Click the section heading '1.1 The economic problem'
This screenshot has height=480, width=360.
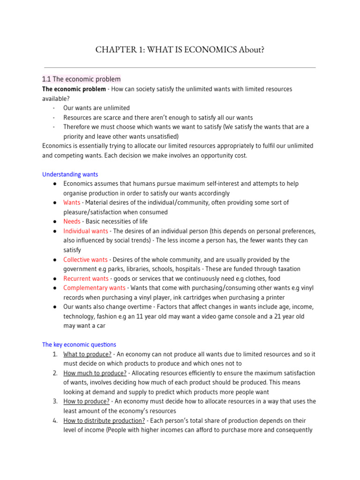tap(81, 79)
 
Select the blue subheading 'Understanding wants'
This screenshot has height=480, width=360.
tap(70, 174)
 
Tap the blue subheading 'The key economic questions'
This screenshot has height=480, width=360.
tap(79, 345)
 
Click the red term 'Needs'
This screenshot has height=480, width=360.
tap(72, 221)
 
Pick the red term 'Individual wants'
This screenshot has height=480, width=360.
tap(85, 231)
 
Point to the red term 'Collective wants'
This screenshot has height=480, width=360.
tap(85, 260)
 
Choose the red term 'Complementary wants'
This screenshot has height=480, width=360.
tap(94, 288)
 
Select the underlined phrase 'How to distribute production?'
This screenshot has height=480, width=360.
tap(104, 420)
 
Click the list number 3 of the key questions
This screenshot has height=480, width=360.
tap(55, 401)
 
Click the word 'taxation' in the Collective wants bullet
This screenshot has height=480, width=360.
tap(288, 269)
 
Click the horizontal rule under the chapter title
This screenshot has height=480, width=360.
tap(180, 67)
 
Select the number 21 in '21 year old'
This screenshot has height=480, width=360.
tap(277, 316)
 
